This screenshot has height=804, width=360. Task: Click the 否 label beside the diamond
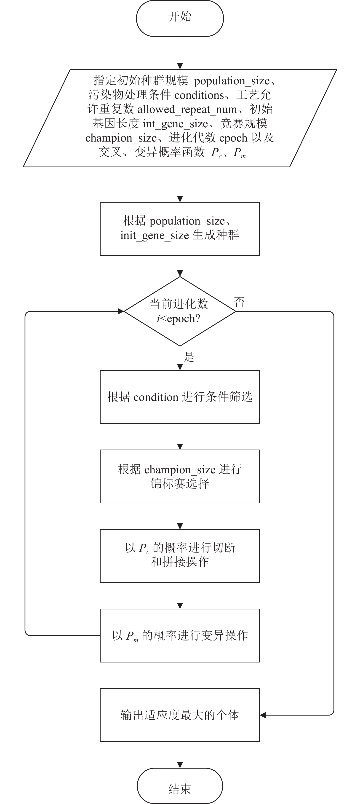click(x=239, y=302)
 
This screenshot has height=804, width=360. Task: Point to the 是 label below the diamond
click(x=189, y=356)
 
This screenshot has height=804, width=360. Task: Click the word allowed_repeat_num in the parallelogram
click(x=187, y=110)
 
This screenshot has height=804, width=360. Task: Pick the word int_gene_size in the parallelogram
click(x=175, y=124)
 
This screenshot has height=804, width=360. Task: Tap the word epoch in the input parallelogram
click(x=233, y=138)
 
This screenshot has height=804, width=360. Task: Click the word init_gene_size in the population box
click(x=155, y=235)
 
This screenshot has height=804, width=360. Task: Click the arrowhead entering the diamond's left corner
click(x=121, y=311)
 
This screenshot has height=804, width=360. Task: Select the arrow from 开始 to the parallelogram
click(x=180, y=53)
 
